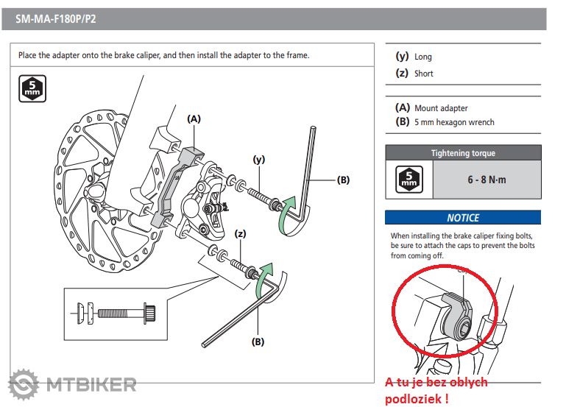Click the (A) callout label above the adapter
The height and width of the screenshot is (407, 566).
click(x=194, y=118)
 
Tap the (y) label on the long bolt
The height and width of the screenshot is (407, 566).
click(x=258, y=158)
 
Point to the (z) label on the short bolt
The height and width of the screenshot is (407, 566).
click(x=239, y=233)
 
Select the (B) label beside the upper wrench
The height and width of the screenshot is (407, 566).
click(x=344, y=179)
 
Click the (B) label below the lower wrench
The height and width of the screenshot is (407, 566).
click(x=258, y=341)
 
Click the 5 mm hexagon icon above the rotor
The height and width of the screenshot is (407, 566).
click(x=32, y=89)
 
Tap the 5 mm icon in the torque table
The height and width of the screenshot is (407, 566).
click(x=408, y=180)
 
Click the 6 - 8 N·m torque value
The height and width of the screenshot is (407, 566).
click(x=486, y=180)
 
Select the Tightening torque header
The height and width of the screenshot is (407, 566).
click(x=462, y=153)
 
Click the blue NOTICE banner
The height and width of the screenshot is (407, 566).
click(x=462, y=218)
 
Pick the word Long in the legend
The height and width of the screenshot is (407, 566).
click(x=423, y=57)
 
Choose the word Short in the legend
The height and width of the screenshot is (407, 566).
click(x=424, y=74)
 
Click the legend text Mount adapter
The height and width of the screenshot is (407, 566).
click(x=441, y=108)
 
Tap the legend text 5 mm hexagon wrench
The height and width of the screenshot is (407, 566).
click(x=454, y=122)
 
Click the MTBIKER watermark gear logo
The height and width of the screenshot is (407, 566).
click(x=24, y=385)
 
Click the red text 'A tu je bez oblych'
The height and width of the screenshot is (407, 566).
click(x=436, y=382)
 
